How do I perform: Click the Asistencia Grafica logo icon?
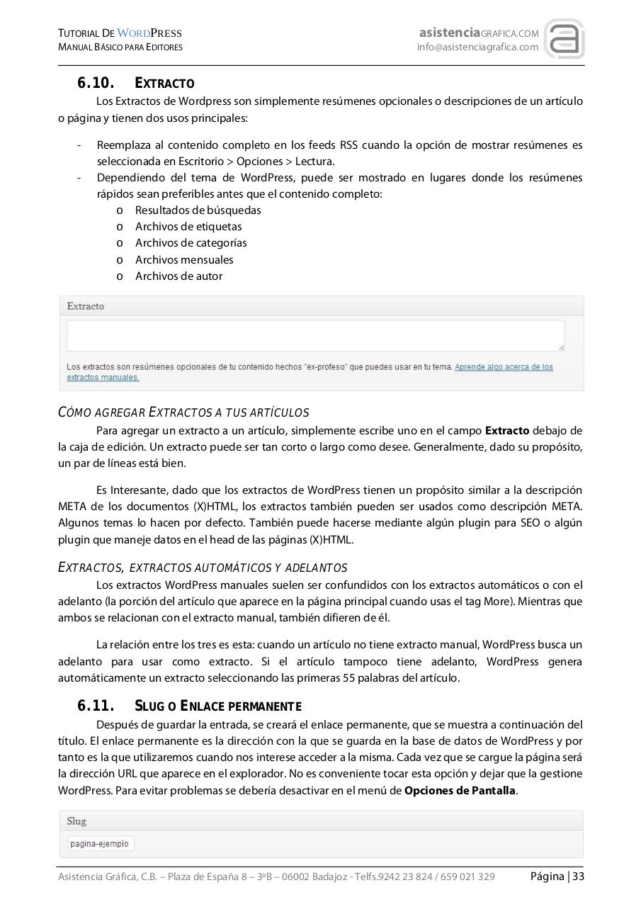pyautogui.click(x=564, y=40)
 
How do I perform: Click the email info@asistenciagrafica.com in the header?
pyautogui.click(x=477, y=47)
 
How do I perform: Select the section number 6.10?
pyautogui.click(x=96, y=84)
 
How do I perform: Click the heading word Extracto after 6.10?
pyautogui.click(x=164, y=84)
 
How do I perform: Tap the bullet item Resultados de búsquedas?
pyautogui.click(x=198, y=210)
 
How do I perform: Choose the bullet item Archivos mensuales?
pyautogui.click(x=184, y=260)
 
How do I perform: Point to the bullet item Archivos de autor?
pyautogui.click(x=178, y=276)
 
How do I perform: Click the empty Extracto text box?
pyautogui.click(x=315, y=335)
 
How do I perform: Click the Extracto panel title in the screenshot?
pyautogui.click(x=85, y=306)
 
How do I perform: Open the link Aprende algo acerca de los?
pyautogui.click(x=504, y=367)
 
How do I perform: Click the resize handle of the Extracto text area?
pyautogui.click(x=561, y=347)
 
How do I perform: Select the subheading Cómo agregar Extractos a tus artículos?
pyautogui.click(x=183, y=412)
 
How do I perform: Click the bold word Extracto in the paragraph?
pyautogui.click(x=506, y=431)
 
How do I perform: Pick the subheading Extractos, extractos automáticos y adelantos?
pyautogui.click(x=203, y=568)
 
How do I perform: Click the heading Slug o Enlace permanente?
pyautogui.click(x=217, y=706)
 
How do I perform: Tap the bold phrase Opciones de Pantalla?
pyautogui.click(x=460, y=791)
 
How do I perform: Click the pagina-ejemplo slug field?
pyautogui.click(x=100, y=844)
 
